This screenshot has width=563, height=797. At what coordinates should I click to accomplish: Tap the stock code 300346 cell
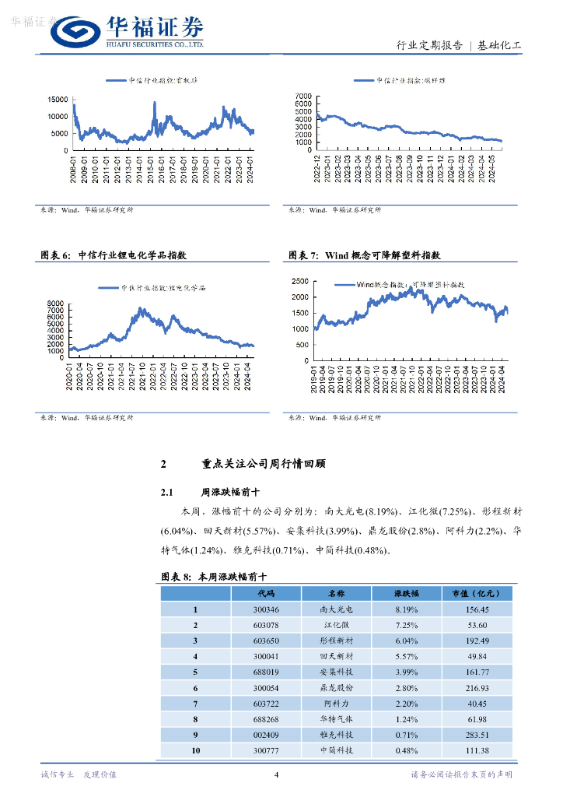(265, 610)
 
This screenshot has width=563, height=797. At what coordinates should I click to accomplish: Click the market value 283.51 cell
(474, 735)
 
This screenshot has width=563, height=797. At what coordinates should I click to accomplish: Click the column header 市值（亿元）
(474, 594)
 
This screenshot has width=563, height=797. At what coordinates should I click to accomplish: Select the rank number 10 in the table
(196, 750)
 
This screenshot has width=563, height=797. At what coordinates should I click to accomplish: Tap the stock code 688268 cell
(265, 719)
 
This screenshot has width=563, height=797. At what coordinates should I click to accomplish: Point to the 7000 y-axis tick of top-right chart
(303, 95)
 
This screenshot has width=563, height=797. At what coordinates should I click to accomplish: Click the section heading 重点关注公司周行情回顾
(263, 464)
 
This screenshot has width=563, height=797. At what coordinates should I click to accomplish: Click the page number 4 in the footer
(277, 774)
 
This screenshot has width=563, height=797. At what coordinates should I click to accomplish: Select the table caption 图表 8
(175, 577)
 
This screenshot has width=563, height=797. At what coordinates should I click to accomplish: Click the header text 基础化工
(499, 46)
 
